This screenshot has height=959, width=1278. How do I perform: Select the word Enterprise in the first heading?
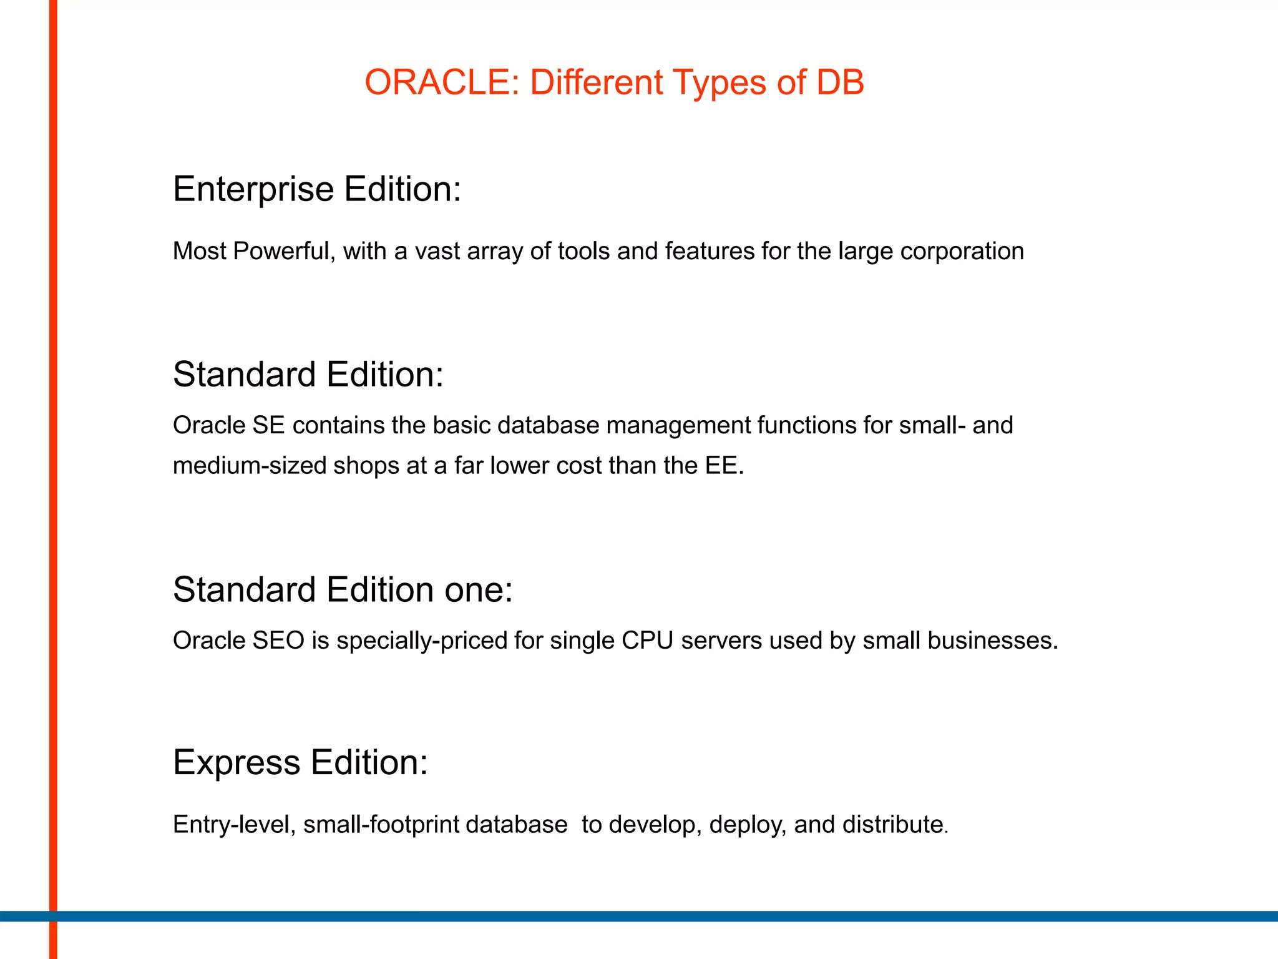(253, 189)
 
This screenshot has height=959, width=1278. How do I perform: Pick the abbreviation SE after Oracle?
(268, 425)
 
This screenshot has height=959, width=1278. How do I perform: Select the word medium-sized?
(250, 466)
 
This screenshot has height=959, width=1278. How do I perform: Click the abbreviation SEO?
(278, 641)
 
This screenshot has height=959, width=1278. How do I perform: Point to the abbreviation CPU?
(647, 641)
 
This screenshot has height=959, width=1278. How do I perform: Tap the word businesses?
(992, 641)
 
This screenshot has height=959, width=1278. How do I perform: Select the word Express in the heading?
(237, 763)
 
